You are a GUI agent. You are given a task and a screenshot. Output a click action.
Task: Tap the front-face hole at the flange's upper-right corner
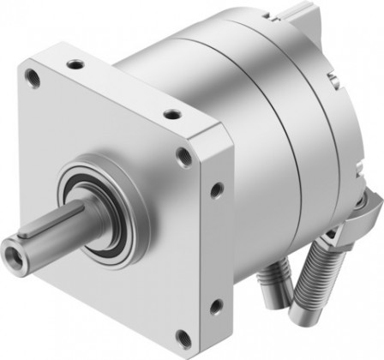(184, 156)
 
